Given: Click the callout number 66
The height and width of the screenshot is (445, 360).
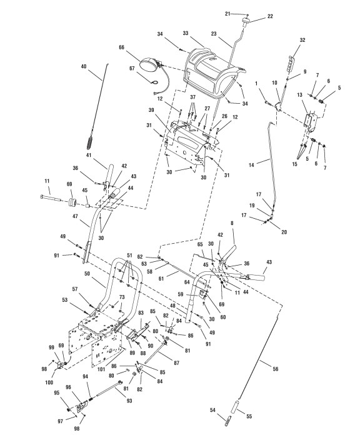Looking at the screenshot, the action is [x=121, y=47].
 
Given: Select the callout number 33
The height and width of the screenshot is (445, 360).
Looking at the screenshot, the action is [x=186, y=33].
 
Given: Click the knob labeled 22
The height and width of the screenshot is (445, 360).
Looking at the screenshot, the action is [x=245, y=22].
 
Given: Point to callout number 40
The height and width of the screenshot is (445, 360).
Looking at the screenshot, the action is [x=84, y=66].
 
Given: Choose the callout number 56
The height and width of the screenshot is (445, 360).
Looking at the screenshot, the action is [x=276, y=369].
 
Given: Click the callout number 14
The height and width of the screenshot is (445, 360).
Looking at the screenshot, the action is [x=251, y=164].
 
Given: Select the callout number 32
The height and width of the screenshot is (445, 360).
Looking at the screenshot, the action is [x=302, y=40].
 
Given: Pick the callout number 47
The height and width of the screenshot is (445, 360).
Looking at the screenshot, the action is [x=75, y=216].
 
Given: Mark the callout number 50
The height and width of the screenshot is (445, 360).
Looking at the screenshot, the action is [x=87, y=274].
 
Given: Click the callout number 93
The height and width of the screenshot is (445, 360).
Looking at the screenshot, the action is [x=129, y=401].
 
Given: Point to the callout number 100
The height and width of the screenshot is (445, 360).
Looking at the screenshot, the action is [x=49, y=382].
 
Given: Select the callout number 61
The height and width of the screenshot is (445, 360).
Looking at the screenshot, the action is [x=161, y=279].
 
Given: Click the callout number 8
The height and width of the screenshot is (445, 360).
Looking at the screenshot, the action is [x=232, y=223].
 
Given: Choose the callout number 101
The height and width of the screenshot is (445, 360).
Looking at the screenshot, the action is [x=101, y=369].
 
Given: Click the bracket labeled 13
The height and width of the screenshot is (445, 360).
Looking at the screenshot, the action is [x=311, y=122].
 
